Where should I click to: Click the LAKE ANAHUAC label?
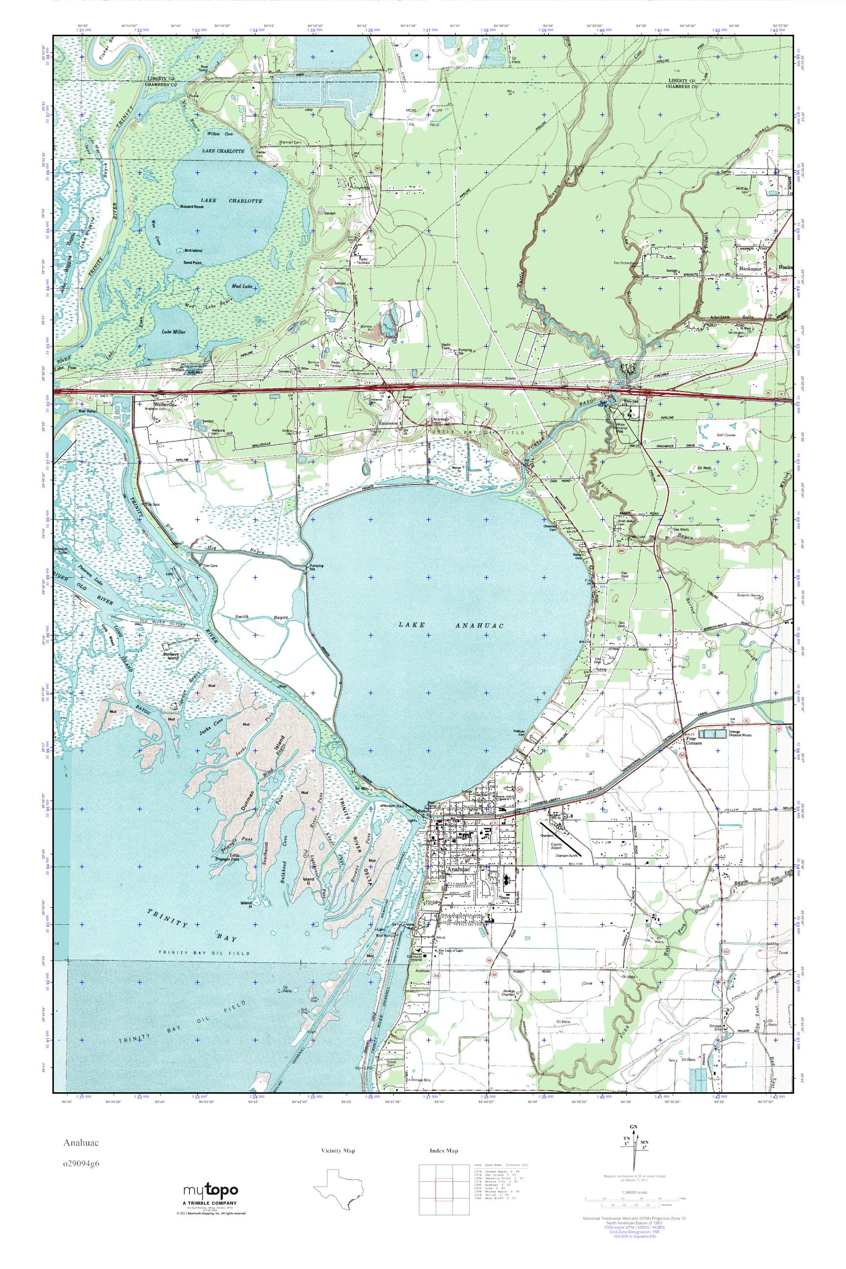[x=450, y=625]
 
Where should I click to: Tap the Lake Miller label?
[x=174, y=332]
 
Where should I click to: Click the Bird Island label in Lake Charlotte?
[x=192, y=250]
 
